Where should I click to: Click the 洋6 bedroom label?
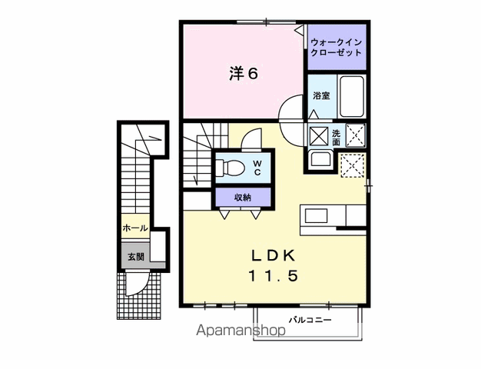coord(244,74)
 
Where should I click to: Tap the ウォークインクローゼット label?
coord(337,47)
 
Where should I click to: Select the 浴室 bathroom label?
coord(321,96)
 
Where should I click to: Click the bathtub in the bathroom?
coord(352,96)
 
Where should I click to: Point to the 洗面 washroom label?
coord(337,138)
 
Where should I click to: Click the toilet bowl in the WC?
coord(230,168)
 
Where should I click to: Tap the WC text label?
coord(257,168)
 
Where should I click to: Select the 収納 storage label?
coord(243,198)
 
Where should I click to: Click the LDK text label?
coord(273,256)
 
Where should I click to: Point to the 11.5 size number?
coord(273,276)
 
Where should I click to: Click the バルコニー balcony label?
coord(310,321)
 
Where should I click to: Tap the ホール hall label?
coord(135,228)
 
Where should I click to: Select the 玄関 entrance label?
coord(136,256)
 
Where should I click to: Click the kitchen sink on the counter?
coord(316,216)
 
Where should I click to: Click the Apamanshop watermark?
coord(240,330)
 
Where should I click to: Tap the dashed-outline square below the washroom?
coord(353,165)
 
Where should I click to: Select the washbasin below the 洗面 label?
coord(320,159)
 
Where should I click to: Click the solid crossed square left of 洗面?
coord(318,136)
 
